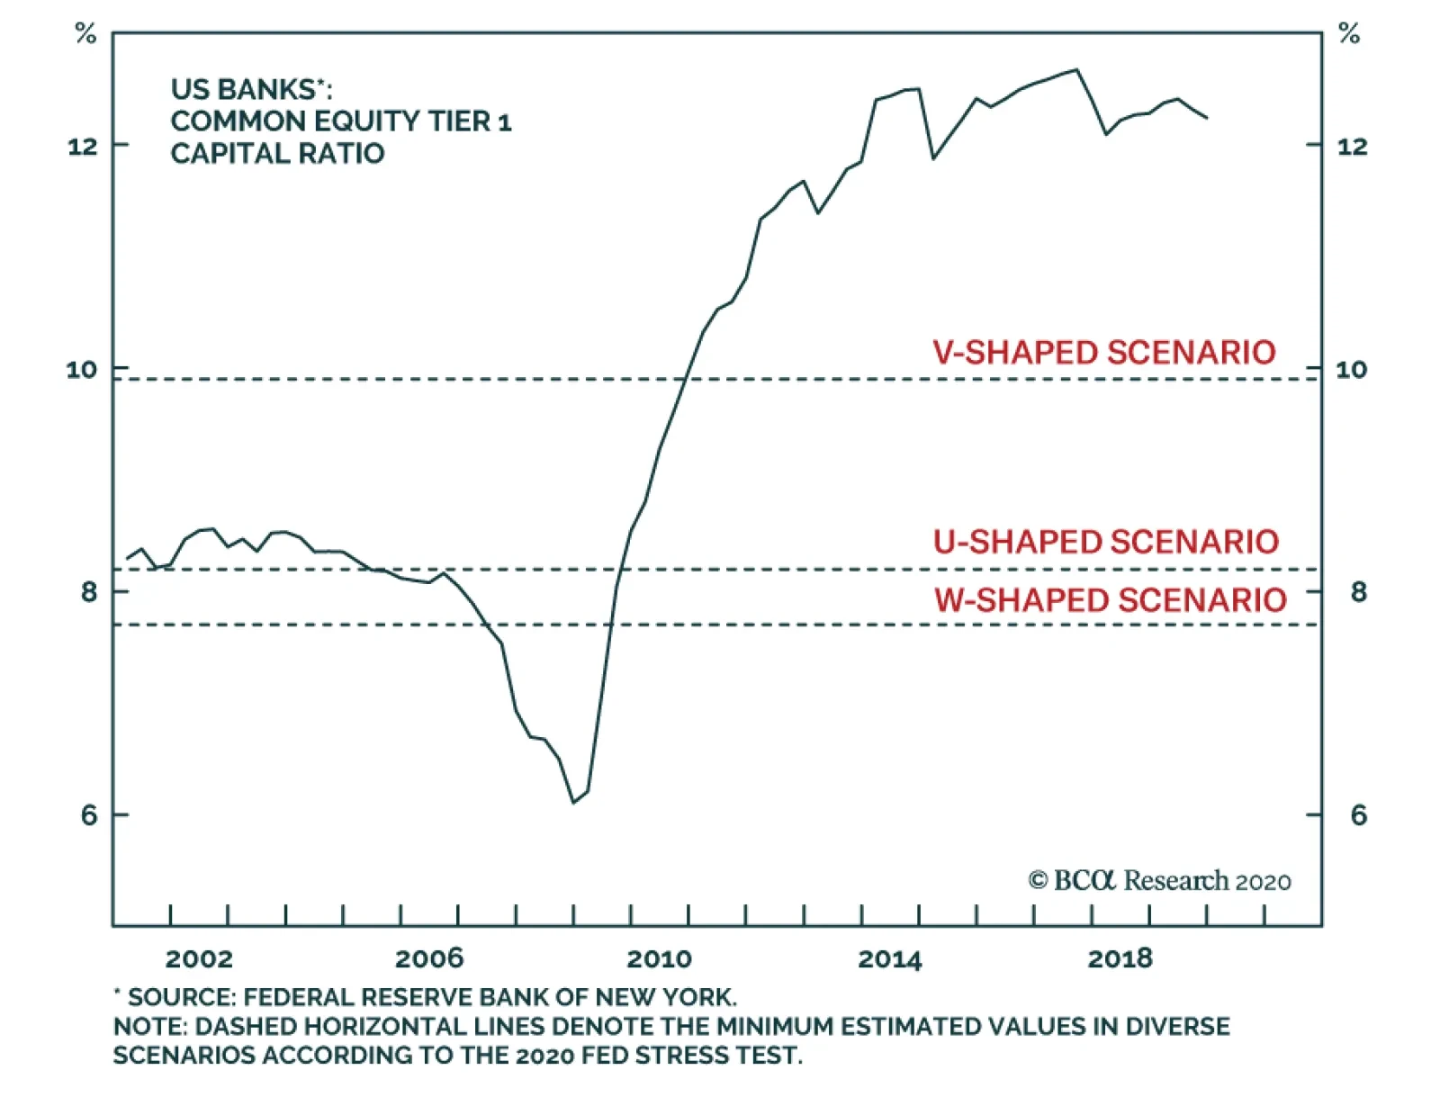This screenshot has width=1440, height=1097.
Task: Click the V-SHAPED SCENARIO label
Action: pos(1103,352)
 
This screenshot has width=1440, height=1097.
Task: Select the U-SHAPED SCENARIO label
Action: pos(1105,542)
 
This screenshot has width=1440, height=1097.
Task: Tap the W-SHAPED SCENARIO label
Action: pos(1110,599)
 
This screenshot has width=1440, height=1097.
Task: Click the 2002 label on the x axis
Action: pos(199,959)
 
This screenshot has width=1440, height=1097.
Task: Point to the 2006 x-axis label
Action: pos(429,959)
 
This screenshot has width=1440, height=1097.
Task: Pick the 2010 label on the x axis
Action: pos(660,959)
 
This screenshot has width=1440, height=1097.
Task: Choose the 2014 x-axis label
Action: pos(890,959)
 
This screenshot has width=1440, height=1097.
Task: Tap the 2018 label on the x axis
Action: pos(1120,959)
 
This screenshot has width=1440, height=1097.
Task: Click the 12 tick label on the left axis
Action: pos(83,146)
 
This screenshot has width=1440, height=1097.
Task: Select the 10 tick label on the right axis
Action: pos(1351,369)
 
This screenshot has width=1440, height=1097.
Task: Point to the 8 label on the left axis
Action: pos(88,592)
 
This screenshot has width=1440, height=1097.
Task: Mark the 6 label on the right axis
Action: pos(1358,815)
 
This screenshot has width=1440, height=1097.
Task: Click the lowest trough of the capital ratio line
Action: pos(573,802)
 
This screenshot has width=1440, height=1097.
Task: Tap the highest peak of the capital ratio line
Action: pos(1076,69)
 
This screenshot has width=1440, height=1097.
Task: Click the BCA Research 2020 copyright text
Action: pos(1159,880)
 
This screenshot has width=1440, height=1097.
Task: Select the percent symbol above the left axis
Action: pos(85,35)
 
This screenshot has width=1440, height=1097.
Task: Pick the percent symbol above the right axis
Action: pos(1349,35)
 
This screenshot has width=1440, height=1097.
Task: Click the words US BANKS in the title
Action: pos(243,89)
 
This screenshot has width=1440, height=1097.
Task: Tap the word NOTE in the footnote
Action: pos(148,1026)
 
